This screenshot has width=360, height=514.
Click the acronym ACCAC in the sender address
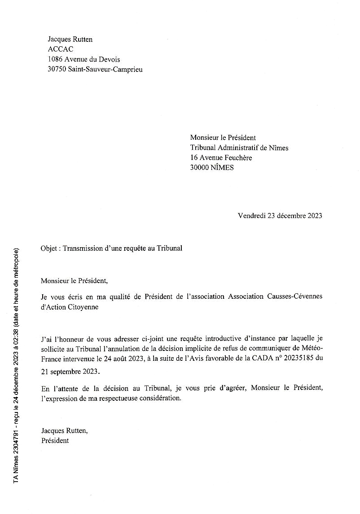pos(60,49)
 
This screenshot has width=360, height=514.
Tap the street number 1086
pos(56,59)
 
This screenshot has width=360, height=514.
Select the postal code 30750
pos(57,69)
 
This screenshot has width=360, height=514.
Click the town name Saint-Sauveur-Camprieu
pos(105,69)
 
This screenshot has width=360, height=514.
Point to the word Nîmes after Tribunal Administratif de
pos(279,148)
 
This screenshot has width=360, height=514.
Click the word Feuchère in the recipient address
pos(237,158)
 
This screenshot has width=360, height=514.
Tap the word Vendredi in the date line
pos(251,216)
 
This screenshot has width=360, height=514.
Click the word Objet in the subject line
pos(49,248)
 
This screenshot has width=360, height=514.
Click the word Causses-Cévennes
pos(296,297)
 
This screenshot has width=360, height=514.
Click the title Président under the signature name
pos(55,440)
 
